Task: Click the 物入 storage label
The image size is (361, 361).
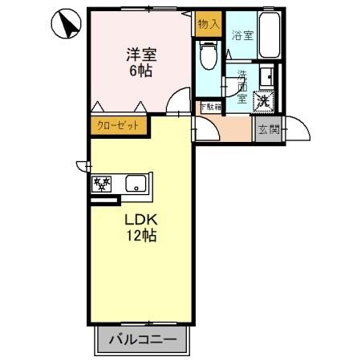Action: coord(209,24)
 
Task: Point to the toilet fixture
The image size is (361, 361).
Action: coord(209,55)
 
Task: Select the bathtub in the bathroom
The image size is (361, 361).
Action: coord(267,35)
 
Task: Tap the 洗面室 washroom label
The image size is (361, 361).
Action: coord(241,86)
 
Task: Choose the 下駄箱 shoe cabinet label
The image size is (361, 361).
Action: coord(210,107)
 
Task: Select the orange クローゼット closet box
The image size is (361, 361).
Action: coord(117,125)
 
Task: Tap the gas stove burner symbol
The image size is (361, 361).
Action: coord(104,184)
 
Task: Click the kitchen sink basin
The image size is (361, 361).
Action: coord(136,185)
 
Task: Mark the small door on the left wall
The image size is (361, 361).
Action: coord(83,166)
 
